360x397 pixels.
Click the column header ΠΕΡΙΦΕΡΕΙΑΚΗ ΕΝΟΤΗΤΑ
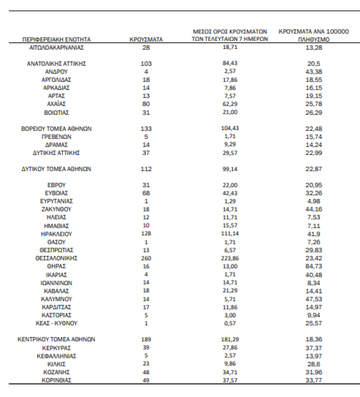pyautogui.click(x=57, y=39)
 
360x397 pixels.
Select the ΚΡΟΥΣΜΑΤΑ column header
pyautogui.click(x=146, y=39)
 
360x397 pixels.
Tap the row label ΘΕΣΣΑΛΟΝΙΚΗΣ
pyautogui.click(x=57, y=258)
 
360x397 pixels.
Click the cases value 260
pyautogui.click(x=146, y=258)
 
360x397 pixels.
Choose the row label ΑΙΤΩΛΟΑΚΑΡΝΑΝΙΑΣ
pyautogui.click(x=57, y=47)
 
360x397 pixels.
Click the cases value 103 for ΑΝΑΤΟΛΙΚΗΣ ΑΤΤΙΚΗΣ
pyautogui.click(x=146, y=63)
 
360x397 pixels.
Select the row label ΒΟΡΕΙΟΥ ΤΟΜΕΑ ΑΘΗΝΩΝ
pyautogui.click(x=57, y=129)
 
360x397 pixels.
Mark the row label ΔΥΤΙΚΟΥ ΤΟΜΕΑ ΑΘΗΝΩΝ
pyautogui.click(x=57, y=169)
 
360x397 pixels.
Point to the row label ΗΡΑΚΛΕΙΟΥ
pyautogui.click(x=57, y=234)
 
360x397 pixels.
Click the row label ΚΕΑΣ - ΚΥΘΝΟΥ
pyautogui.click(x=57, y=323)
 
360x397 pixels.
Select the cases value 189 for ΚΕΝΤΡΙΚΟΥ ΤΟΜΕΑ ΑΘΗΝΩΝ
pyautogui.click(x=146, y=339)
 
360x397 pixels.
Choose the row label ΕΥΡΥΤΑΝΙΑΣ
pyautogui.click(x=57, y=201)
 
